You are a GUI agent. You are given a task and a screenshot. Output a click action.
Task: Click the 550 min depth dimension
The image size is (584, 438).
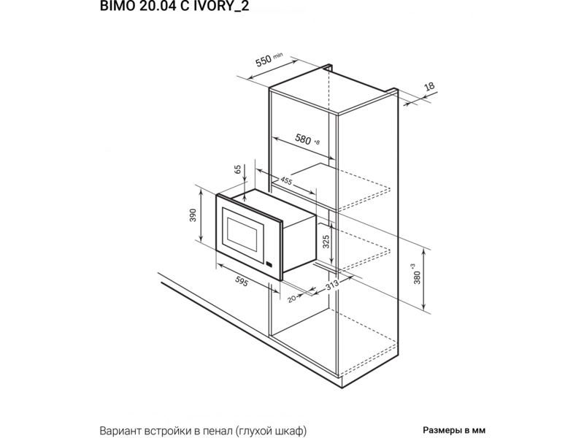[269, 60]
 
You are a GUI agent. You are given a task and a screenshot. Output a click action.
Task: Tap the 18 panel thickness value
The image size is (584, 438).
[429, 86]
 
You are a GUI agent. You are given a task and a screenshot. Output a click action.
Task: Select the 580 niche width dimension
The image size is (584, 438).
[307, 139]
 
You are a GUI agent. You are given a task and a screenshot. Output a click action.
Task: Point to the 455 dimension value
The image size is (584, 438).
[286, 180]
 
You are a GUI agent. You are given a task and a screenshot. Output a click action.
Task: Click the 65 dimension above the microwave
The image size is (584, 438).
[239, 170]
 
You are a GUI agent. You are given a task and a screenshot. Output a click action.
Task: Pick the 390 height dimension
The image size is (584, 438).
[193, 215]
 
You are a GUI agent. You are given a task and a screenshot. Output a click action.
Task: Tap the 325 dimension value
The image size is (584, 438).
[326, 242]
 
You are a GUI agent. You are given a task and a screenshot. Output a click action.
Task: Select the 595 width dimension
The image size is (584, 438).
[242, 282]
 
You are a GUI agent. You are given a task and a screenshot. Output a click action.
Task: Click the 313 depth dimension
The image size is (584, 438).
[332, 285]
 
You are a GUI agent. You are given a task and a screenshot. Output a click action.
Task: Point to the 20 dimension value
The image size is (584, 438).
[293, 299]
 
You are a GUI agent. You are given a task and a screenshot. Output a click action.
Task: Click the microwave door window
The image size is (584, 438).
[242, 234]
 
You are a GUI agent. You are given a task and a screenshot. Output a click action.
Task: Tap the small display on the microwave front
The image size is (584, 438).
[269, 265]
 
